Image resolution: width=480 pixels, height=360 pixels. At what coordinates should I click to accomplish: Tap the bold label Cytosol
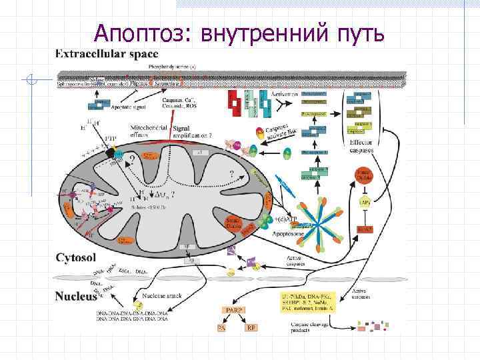tap(77, 257)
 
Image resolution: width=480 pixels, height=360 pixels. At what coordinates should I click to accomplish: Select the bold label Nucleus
tap(77, 297)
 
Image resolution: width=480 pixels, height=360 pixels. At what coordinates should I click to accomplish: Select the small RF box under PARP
tap(251, 327)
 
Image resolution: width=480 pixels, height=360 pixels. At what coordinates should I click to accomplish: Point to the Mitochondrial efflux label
tap(147, 131)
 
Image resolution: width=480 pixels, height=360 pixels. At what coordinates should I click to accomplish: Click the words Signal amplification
tap(191, 131)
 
